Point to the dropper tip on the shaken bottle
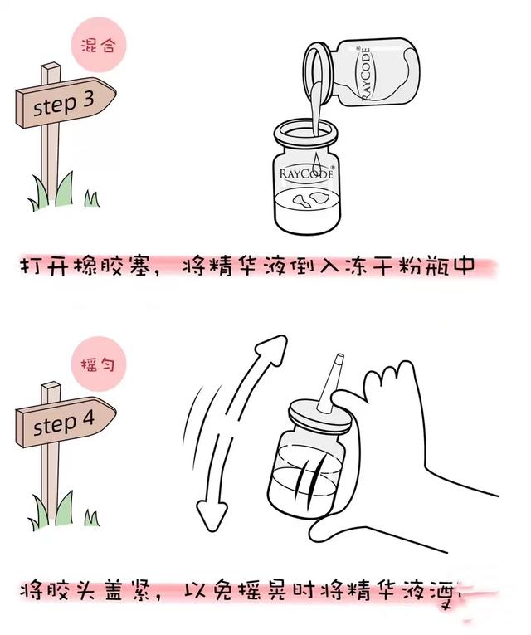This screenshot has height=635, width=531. tap(337, 369)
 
